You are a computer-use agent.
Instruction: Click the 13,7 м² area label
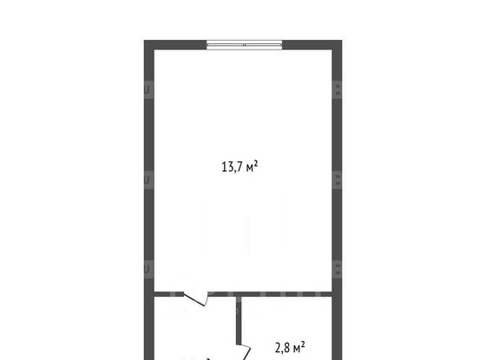[x=240, y=167]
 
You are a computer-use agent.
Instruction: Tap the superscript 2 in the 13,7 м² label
[x=256, y=163]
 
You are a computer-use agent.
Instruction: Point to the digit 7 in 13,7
[x=240, y=167]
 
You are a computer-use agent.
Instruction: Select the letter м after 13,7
[x=250, y=168]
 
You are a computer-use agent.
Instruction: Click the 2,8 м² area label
[x=290, y=348]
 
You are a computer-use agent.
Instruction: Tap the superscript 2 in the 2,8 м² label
[x=303, y=344]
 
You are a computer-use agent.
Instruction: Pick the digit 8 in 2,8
[x=286, y=348]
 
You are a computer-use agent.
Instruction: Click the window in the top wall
[x=245, y=45]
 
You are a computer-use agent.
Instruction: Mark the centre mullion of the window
[x=245, y=45]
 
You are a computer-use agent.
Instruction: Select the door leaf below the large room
[x=194, y=299]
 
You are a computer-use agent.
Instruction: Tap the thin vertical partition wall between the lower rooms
[x=239, y=320]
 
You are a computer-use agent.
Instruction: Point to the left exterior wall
[x=149, y=200]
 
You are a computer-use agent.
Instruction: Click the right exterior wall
[x=337, y=200]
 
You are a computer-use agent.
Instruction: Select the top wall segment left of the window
[x=175, y=45]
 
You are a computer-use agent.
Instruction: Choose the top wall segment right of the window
[x=312, y=45]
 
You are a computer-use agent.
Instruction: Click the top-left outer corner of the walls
[x=144, y=41]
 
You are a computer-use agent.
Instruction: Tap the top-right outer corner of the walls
[x=342, y=41]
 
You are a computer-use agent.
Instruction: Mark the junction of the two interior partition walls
[x=239, y=294]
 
